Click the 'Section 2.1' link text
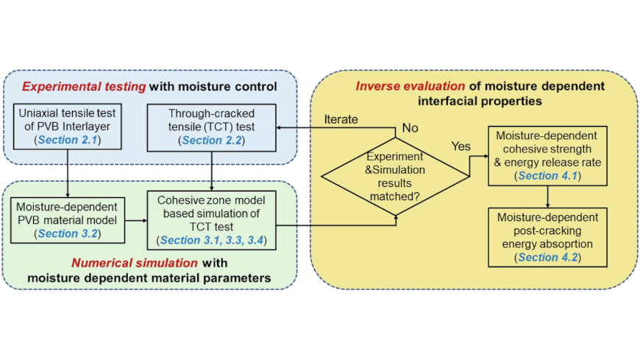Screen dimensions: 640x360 tap(68, 140)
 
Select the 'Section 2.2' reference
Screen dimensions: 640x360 tap(212, 140)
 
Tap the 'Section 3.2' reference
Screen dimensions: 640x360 tap(68, 233)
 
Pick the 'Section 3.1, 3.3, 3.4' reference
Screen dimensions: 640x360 tap(212, 240)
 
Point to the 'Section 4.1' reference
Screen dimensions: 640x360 tap(548, 176)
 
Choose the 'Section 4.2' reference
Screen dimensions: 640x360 tap(548, 257)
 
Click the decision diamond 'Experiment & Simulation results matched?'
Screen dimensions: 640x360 tap(395, 176)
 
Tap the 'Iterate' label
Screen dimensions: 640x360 tap(341, 119)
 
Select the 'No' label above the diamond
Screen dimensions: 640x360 tap(410, 128)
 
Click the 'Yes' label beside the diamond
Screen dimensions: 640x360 tap(461, 146)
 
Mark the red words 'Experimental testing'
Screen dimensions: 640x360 tap(84, 87)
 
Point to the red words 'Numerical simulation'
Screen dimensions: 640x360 tap(135, 263)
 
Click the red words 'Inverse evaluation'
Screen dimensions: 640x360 tap(410, 86)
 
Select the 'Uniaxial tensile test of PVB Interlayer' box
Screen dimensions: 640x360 tap(68, 127)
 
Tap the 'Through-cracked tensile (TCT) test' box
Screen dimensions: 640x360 tap(211, 127)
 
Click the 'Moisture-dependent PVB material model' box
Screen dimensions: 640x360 tap(68, 220)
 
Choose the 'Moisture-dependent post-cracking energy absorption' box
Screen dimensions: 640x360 tap(548, 237)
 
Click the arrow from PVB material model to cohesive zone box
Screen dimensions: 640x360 tap(136, 221)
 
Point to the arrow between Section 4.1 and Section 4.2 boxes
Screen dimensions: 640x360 tap(548, 197)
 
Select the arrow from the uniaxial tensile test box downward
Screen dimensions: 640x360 tap(68, 174)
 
